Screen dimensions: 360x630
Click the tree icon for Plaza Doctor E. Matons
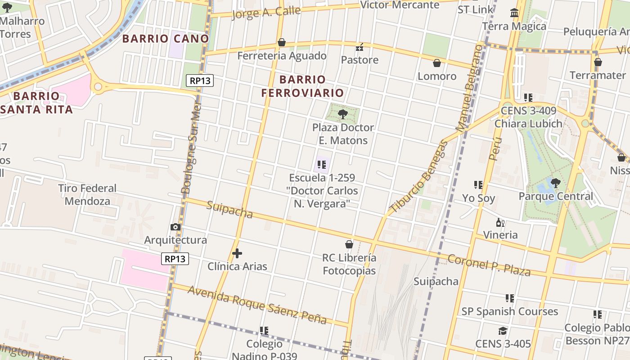(x=343, y=114)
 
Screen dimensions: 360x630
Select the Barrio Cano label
(x=166, y=39)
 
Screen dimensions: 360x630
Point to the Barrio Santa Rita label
(x=36, y=103)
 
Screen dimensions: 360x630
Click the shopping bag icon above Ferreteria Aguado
(x=282, y=42)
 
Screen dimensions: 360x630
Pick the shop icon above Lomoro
(x=436, y=63)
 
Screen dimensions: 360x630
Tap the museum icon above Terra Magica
(x=514, y=13)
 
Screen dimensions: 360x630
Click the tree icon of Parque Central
(x=556, y=183)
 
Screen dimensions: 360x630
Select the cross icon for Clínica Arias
(x=237, y=253)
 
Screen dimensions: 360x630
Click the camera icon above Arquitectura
(x=175, y=227)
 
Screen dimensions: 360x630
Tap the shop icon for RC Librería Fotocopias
(x=349, y=244)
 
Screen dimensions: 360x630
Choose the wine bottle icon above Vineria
(x=500, y=222)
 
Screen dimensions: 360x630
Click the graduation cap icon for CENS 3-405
(x=503, y=331)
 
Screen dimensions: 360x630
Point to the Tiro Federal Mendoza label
(x=87, y=194)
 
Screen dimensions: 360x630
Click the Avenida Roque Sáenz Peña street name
(x=257, y=305)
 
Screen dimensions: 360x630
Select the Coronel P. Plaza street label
(x=489, y=265)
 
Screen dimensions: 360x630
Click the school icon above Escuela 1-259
(x=321, y=165)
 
